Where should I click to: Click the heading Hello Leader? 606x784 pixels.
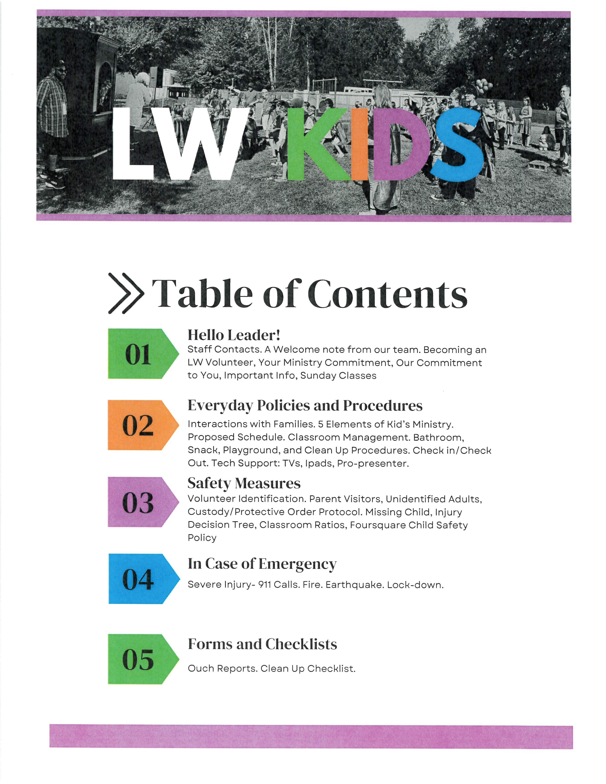pyautogui.click(x=234, y=335)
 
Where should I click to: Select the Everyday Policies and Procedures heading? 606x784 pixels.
pyautogui.click(x=305, y=405)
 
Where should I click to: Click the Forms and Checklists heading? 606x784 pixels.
pyautogui.click(x=262, y=644)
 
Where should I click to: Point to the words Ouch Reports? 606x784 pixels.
pyautogui.click(x=223, y=668)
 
